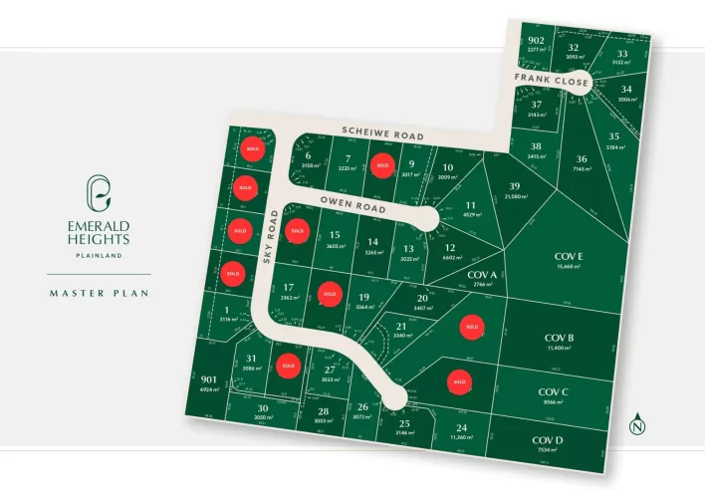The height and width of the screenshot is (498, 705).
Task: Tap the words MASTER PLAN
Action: pyautogui.click(x=98, y=293)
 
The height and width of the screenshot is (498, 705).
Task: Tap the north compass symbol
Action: pyautogui.click(x=636, y=422)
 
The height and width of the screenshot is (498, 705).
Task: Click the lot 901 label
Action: pyautogui.click(x=208, y=379)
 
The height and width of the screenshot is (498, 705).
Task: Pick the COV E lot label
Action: pyautogui.click(x=569, y=257)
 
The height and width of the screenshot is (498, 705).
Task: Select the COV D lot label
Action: pyautogui.click(x=548, y=439)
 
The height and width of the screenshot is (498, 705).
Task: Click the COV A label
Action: pyautogui.click(x=481, y=275)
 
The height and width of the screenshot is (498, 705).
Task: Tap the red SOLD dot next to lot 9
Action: pyautogui.click(x=379, y=166)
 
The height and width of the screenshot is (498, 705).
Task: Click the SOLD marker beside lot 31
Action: pyautogui.click(x=289, y=366)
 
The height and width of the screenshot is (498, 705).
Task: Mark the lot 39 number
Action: pyautogui.click(x=514, y=186)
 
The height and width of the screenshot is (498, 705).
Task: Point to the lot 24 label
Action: pyautogui.click(x=461, y=427)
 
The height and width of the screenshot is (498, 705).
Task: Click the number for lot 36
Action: pyautogui.click(x=582, y=158)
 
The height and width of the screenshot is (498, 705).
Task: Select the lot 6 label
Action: pyautogui.click(x=309, y=155)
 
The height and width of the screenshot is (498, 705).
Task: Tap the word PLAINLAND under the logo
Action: pyautogui.click(x=98, y=254)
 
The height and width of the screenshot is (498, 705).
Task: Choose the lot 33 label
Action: pyautogui.click(x=622, y=54)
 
